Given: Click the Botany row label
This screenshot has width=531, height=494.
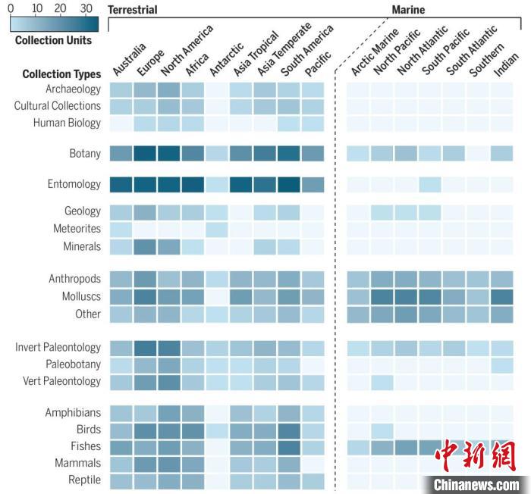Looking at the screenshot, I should tap(84, 153).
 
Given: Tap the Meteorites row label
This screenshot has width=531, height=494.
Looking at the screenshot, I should tap(77, 229).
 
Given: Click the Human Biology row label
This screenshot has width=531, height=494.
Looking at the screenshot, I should tap(67, 123).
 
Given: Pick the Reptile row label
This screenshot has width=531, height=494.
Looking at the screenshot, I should tap(84, 480).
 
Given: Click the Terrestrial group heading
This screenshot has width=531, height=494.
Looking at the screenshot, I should tap(133, 10).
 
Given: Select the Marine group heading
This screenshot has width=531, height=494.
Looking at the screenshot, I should tap(408, 10).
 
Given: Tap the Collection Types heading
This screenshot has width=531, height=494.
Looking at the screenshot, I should tap(61, 74).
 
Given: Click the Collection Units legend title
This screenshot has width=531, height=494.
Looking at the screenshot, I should tap(54, 40).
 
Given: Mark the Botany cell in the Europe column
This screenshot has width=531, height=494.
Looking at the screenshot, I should tap(146, 153).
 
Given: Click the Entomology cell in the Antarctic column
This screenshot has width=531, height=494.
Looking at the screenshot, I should tap(216, 183).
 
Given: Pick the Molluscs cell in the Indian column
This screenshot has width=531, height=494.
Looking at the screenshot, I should tap(501, 296).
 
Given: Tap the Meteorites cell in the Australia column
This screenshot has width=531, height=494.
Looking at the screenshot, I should tap(121, 229).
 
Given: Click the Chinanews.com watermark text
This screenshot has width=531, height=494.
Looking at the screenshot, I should tap(476, 483).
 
